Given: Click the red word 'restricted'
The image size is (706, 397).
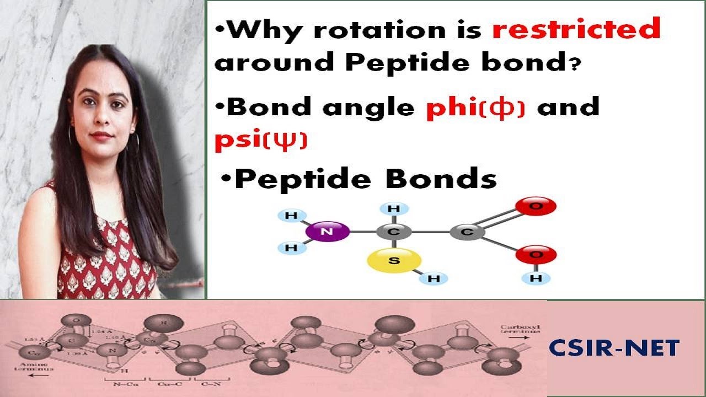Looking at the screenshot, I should [x=576, y=29].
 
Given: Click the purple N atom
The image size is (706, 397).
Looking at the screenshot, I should [x=327, y=232].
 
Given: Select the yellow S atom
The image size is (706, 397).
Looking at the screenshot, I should [x=394, y=261].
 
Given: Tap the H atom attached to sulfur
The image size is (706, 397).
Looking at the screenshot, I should [x=434, y=278].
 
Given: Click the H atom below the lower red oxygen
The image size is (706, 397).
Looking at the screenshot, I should [x=536, y=278].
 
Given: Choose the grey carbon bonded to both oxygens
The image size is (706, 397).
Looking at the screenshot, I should [x=467, y=232].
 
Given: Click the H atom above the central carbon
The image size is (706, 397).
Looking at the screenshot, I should [x=394, y=209].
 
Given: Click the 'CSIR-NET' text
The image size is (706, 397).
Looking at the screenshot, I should [x=614, y=348].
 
